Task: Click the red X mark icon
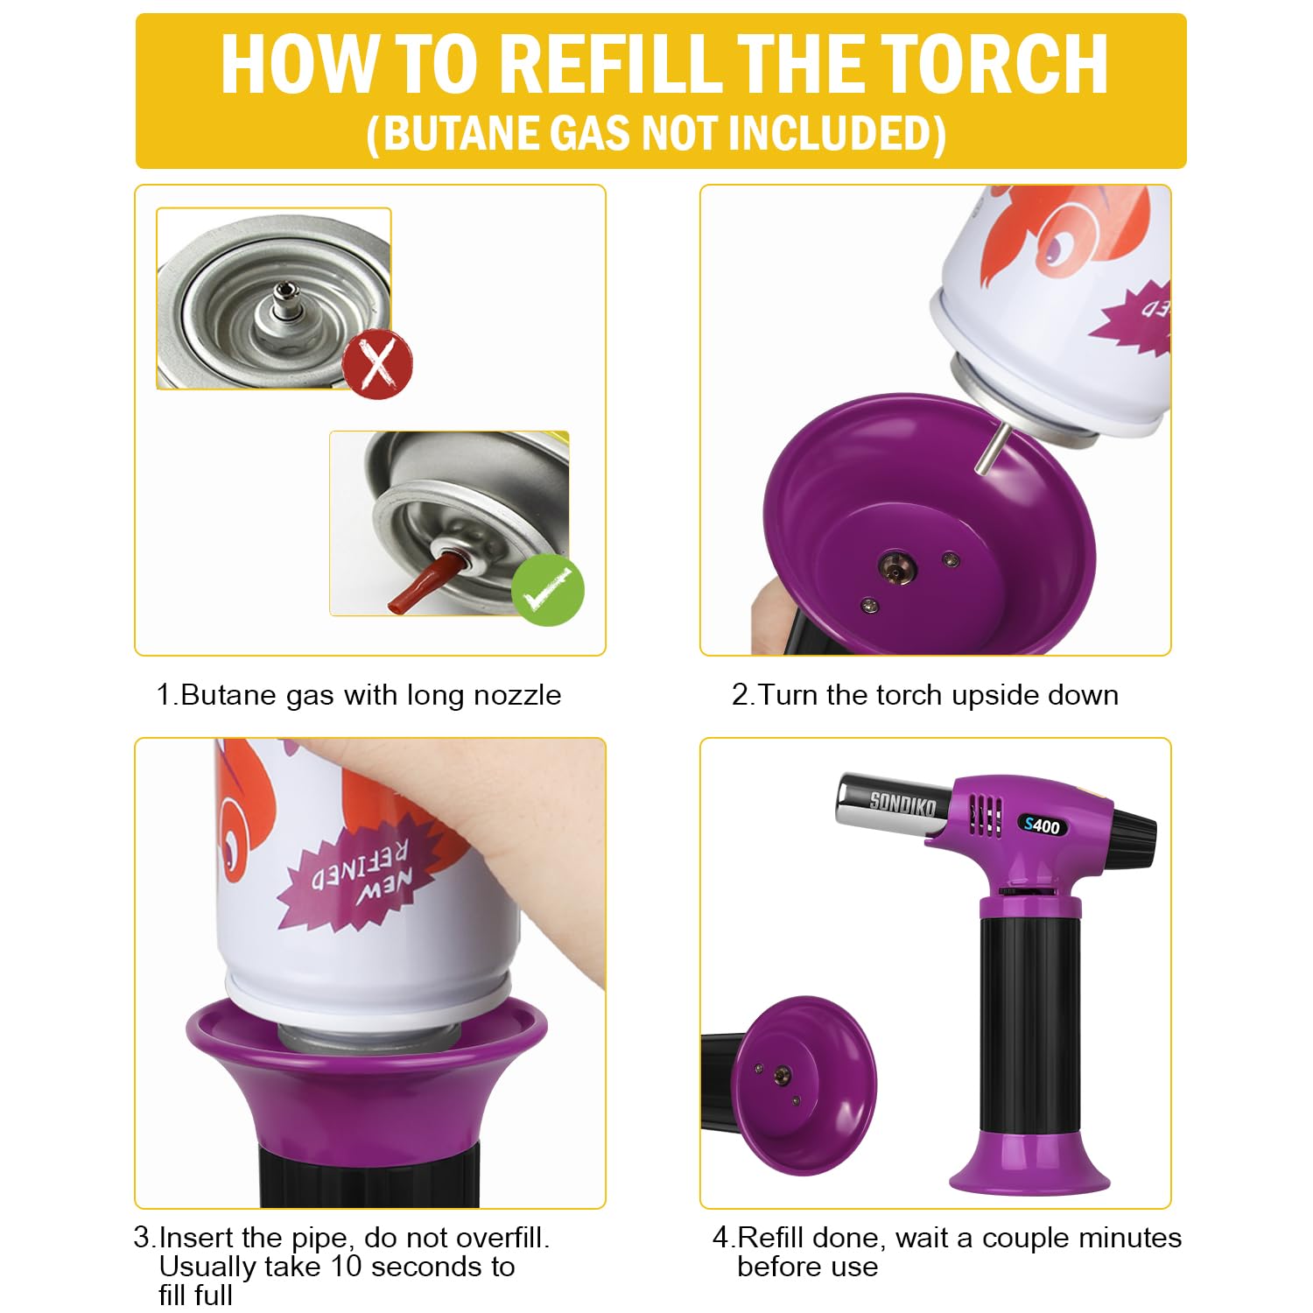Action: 377,364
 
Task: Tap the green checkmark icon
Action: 547,591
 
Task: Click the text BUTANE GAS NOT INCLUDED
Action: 656,134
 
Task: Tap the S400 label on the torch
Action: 1042,825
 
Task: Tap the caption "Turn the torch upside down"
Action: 925,695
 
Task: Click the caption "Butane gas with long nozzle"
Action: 359,695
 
